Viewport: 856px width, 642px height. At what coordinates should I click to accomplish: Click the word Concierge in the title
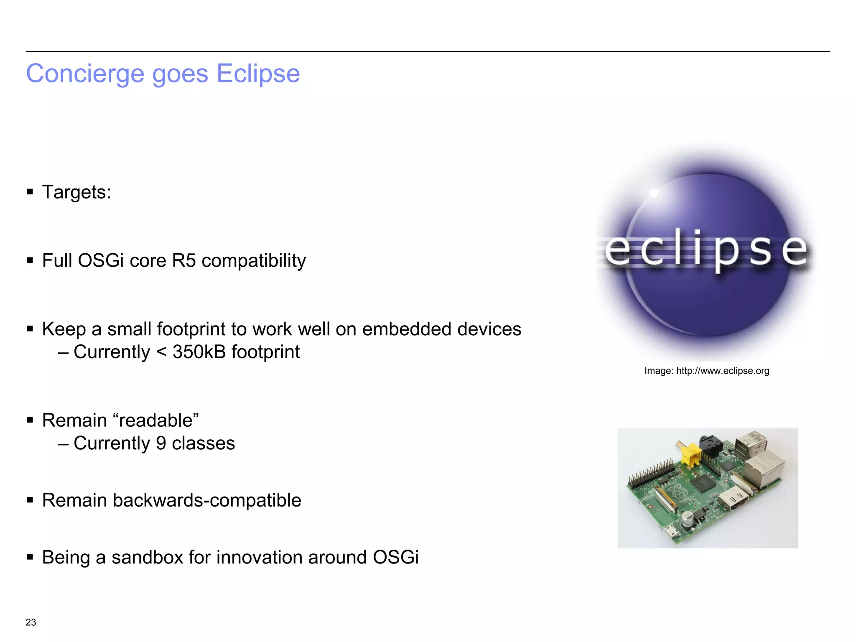click(x=86, y=74)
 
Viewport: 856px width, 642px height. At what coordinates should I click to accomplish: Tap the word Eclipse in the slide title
click(x=258, y=74)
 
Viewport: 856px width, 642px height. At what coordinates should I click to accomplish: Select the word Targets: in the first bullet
click(x=76, y=192)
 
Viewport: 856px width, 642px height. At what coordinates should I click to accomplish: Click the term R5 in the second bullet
click(x=184, y=260)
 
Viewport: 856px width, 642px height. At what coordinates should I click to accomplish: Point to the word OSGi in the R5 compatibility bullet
click(x=101, y=260)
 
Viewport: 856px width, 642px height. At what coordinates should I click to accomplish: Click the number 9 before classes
click(x=161, y=443)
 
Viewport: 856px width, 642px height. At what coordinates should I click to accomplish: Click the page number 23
click(x=31, y=622)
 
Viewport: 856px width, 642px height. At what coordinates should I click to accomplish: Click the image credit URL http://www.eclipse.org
click(x=722, y=371)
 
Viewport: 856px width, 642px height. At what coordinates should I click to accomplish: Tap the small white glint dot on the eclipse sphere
click(x=654, y=193)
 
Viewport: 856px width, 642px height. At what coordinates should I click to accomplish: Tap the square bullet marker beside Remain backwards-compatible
click(x=30, y=500)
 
